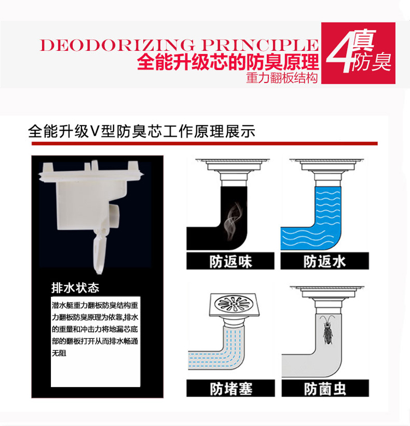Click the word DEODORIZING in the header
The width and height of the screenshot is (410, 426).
pyautogui.click(x=118, y=45)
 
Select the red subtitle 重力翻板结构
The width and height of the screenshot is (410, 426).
pyautogui.click(x=282, y=78)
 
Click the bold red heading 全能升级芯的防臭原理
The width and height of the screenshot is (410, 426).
pyautogui.click(x=228, y=62)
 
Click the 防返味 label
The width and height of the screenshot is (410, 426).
pyautogui.click(x=231, y=261)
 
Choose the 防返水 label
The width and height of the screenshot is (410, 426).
pyautogui.click(x=325, y=261)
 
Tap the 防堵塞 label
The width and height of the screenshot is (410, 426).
pyautogui.click(x=231, y=389)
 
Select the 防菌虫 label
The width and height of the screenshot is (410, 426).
pyautogui.click(x=325, y=389)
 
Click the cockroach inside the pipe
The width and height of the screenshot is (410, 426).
pyautogui.click(x=328, y=330)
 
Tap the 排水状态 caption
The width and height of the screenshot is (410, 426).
pyautogui.click(x=75, y=288)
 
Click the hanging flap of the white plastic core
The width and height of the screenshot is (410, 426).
pyautogui.click(x=99, y=253)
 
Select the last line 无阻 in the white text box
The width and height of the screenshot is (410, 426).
pyautogui.click(x=59, y=353)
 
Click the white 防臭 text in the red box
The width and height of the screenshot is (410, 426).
pyautogui.click(x=371, y=62)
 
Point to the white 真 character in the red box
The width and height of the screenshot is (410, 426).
pyautogui.click(x=365, y=40)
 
